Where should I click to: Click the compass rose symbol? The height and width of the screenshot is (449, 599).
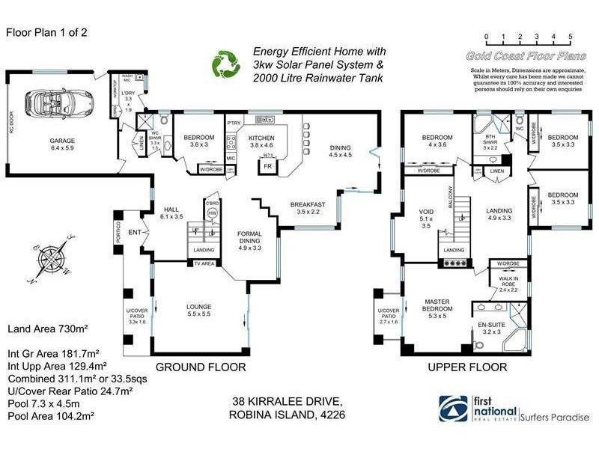pyautogui.click(x=49, y=257)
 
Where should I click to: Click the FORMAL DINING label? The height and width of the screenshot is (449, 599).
pyautogui.click(x=249, y=238)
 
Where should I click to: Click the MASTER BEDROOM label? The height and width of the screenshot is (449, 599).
pyautogui.click(x=436, y=305)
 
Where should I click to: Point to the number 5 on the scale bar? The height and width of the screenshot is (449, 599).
pyautogui.click(x=571, y=36)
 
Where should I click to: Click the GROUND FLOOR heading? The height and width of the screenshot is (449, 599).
pyautogui.click(x=201, y=367)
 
